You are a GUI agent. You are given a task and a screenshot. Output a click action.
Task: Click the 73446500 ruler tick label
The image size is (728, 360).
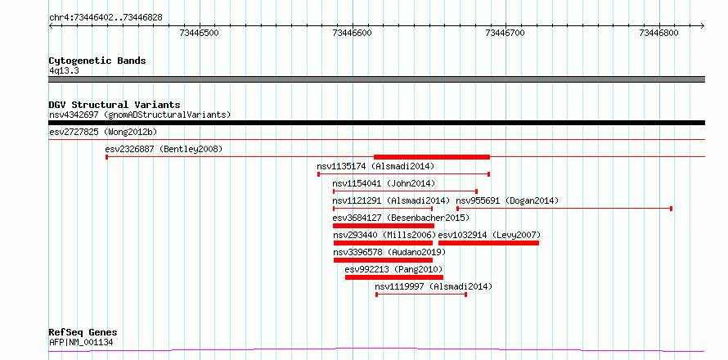[x=199, y=33]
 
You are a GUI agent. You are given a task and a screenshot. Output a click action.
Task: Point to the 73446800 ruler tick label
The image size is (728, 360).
[x=658, y=33]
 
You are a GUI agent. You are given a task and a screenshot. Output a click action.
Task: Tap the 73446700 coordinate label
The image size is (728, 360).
[x=505, y=33]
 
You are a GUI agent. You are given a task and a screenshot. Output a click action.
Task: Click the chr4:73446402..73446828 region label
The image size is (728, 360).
[x=106, y=18]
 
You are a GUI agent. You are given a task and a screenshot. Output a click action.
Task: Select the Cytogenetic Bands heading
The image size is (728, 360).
[x=97, y=61]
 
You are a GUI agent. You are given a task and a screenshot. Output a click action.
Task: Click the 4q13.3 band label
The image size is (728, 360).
[x=64, y=70]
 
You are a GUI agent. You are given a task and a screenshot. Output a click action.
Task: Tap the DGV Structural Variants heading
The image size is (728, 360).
[x=115, y=105]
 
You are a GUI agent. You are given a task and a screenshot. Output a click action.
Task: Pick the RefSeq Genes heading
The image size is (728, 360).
[x=83, y=332]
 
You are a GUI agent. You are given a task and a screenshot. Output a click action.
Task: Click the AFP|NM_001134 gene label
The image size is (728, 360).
[x=81, y=343]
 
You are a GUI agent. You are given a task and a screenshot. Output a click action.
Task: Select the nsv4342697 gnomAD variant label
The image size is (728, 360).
[x=140, y=115]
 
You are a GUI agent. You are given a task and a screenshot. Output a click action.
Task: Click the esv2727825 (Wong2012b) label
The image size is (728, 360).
[x=103, y=132]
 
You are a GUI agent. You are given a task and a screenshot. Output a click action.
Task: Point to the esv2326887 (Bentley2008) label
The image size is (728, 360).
[x=164, y=149]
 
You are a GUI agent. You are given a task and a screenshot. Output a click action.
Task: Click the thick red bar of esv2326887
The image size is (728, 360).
[x=432, y=157]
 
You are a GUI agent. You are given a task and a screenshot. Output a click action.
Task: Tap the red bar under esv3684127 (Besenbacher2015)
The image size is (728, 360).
[x=384, y=226]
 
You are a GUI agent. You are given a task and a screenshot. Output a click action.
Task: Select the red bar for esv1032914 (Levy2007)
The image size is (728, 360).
[x=489, y=243]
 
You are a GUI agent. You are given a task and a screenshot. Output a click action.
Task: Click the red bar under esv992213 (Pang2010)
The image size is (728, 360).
[x=394, y=277]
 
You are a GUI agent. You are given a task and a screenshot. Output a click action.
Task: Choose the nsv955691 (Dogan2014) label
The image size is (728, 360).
[x=507, y=200]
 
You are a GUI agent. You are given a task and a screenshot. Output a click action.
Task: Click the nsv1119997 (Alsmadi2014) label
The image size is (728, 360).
[x=434, y=286]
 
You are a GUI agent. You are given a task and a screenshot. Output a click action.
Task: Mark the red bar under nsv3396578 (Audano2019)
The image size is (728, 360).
[x=383, y=260]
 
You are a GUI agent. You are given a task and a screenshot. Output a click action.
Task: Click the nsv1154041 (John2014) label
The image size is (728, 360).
[x=384, y=183]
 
